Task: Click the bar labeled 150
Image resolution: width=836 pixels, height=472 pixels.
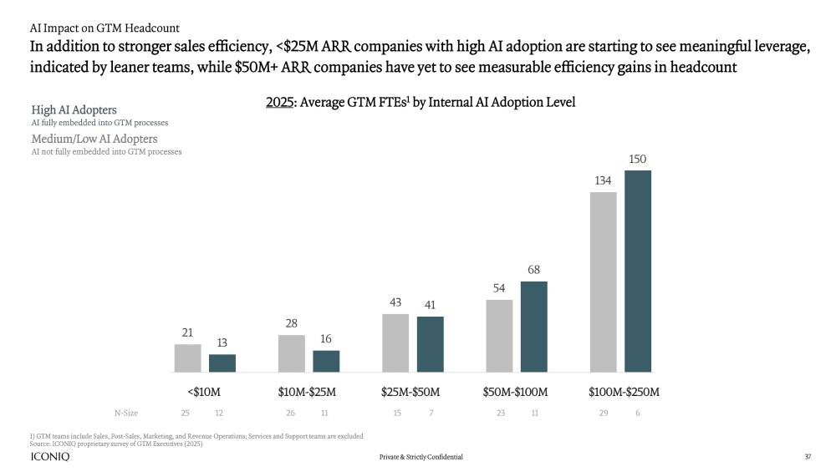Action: pyautogui.click(x=638, y=271)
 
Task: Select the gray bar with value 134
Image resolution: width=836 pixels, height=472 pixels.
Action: pyautogui.click(x=603, y=282)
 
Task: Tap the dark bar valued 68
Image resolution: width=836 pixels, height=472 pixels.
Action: pyautogui.click(x=533, y=326)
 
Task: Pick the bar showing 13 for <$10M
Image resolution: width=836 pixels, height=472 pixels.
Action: pyautogui.click(x=222, y=363)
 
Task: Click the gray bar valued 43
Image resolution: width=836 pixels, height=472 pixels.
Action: pyautogui.click(x=395, y=343)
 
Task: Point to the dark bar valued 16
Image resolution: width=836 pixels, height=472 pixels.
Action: pyautogui.click(x=326, y=361)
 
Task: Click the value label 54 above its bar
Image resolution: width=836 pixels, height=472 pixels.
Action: pyautogui.click(x=499, y=288)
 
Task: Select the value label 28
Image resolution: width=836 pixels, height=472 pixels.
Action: pyautogui.click(x=292, y=323)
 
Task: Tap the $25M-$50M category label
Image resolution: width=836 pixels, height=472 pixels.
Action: pyautogui.click(x=410, y=392)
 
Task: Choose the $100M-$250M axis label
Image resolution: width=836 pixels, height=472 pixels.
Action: pyautogui.click(x=624, y=392)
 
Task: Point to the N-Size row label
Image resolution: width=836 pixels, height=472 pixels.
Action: pyautogui.click(x=126, y=413)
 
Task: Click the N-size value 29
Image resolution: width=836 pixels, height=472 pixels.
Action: pyautogui.click(x=604, y=413)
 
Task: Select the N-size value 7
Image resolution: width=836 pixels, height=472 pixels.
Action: pyautogui.click(x=431, y=413)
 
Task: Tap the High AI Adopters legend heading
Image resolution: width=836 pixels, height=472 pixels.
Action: pyautogui.click(x=74, y=109)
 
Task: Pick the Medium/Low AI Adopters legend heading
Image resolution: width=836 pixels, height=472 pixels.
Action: pyautogui.click(x=94, y=138)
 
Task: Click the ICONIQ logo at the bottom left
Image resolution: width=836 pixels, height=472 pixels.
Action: pyautogui.click(x=49, y=457)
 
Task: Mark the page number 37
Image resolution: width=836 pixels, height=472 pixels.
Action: pyautogui.click(x=808, y=457)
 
